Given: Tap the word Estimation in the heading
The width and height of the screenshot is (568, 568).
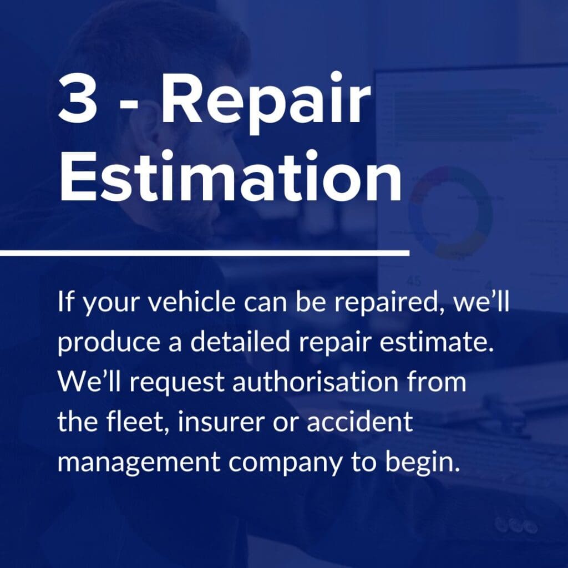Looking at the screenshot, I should [x=230, y=177].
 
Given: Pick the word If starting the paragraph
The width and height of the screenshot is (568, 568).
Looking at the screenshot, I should [x=63, y=304].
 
